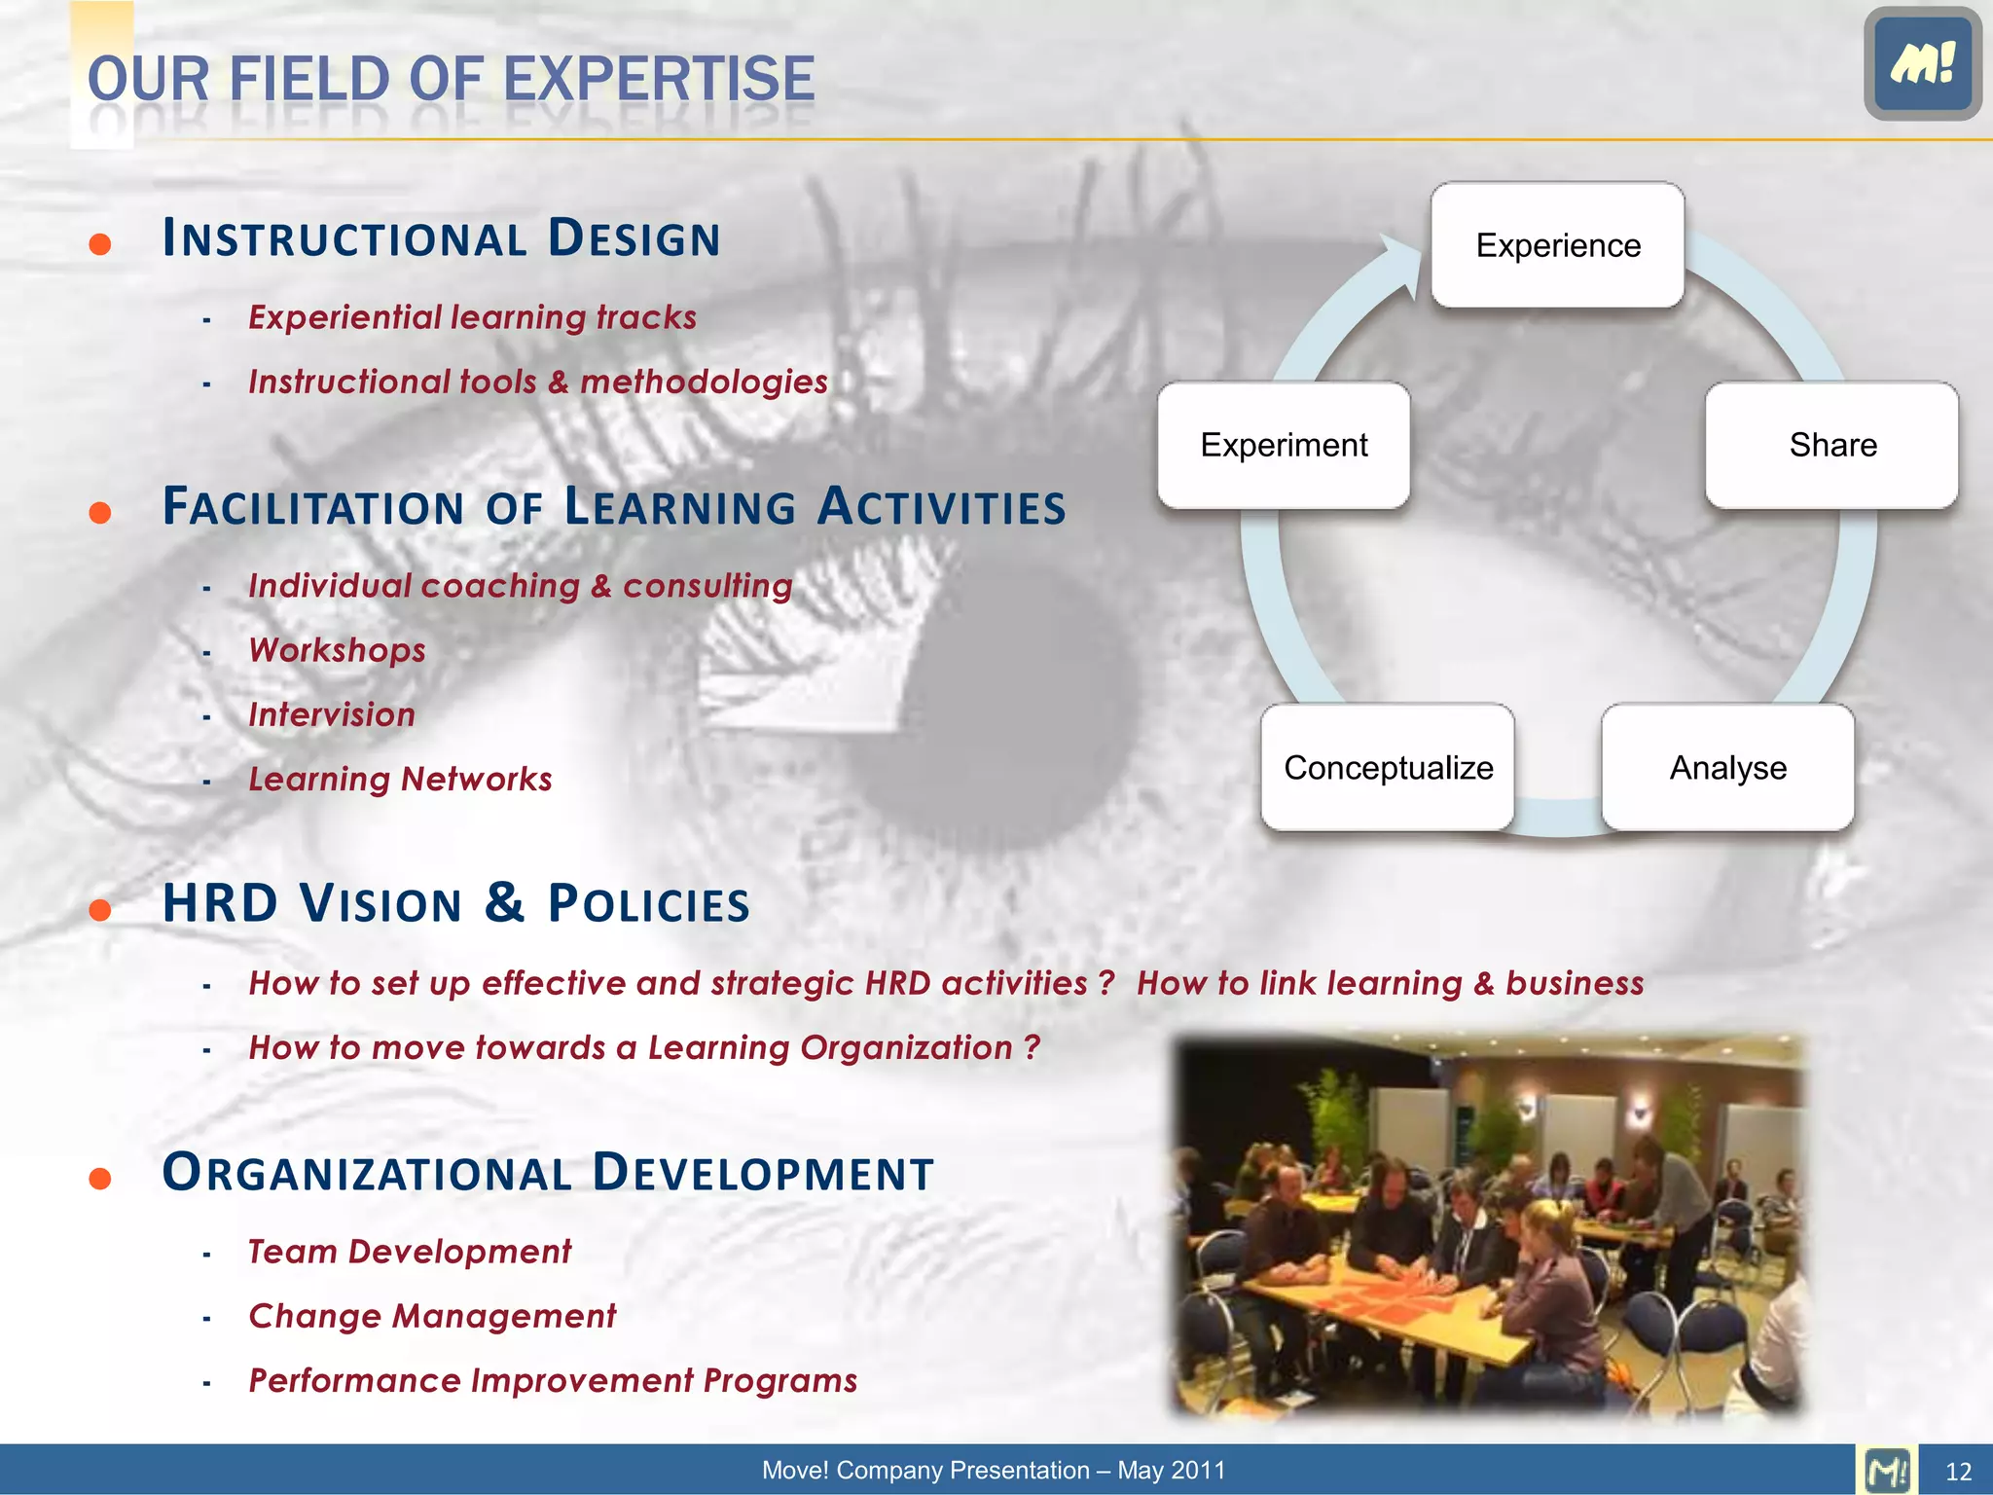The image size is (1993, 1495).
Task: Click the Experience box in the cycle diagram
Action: click(1557, 245)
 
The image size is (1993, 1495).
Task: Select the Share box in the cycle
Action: click(1831, 445)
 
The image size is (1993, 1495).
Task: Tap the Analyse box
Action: click(1727, 768)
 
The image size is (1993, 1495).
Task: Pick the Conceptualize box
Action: click(1388, 768)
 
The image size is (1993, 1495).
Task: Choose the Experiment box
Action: click(1284, 445)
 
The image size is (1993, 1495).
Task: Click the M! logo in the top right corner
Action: click(1922, 63)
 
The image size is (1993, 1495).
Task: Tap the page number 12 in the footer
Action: click(1958, 1472)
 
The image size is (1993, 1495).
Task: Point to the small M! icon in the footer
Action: click(1887, 1470)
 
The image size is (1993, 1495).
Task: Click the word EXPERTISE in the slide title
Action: click(659, 80)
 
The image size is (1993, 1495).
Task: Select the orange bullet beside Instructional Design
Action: click(99, 243)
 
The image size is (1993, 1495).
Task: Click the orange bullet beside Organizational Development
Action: click(99, 1179)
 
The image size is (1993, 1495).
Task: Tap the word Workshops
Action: click(337, 650)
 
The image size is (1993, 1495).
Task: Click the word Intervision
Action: click(332, 714)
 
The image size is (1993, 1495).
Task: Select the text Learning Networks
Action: click(400, 779)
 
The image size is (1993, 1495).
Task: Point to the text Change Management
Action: click(432, 1316)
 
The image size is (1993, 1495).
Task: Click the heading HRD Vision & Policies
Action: click(455, 903)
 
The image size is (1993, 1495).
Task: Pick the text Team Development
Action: click(410, 1252)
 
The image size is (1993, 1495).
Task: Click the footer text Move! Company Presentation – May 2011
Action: click(994, 1470)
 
